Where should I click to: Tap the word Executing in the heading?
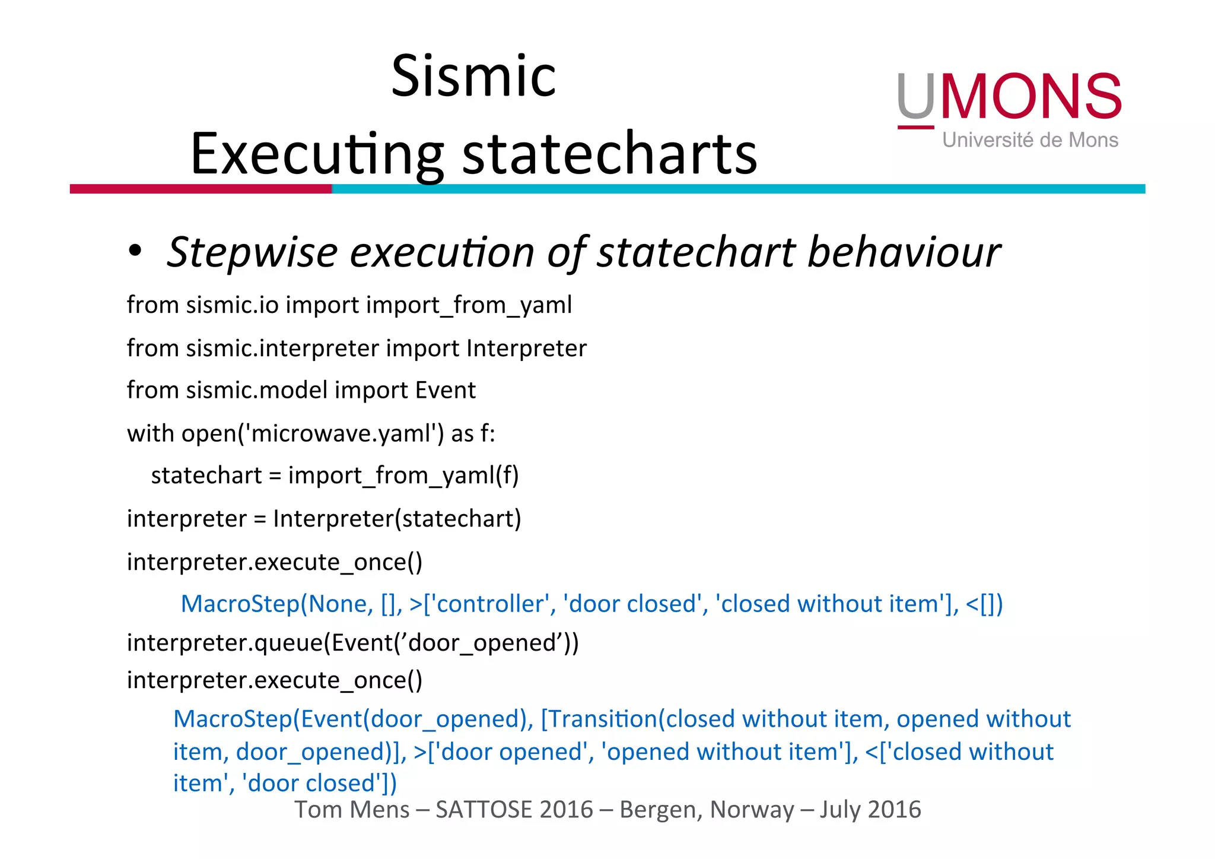pyautogui.click(x=317, y=154)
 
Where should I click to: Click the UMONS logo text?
pyautogui.click(x=1009, y=97)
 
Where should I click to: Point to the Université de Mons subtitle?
pyautogui.click(x=1030, y=140)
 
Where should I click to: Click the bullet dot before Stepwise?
pyautogui.click(x=135, y=251)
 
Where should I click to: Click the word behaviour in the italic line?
pyautogui.click(x=904, y=252)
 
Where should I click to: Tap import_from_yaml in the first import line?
pyautogui.click(x=469, y=305)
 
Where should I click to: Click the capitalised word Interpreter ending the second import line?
pyautogui.click(x=526, y=348)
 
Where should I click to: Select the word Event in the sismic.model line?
pyautogui.click(x=445, y=391)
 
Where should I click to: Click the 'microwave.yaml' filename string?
pyautogui.click(x=341, y=433)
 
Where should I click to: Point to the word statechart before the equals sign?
pyautogui.click(x=206, y=476)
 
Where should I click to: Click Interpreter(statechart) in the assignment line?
pyautogui.click(x=397, y=519)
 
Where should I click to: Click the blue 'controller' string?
pyautogui.click(x=490, y=604)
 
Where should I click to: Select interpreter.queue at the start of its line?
pyautogui.click(x=225, y=643)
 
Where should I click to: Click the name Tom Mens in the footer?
pyautogui.click(x=352, y=810)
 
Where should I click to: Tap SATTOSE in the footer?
pyautogui.click(x=514, y=810)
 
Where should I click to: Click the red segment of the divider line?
pyautogui.click(x=201, y=189)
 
